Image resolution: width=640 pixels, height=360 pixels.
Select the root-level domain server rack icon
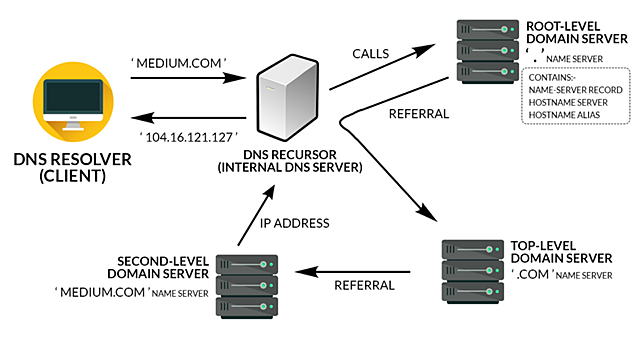coord(479,51)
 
